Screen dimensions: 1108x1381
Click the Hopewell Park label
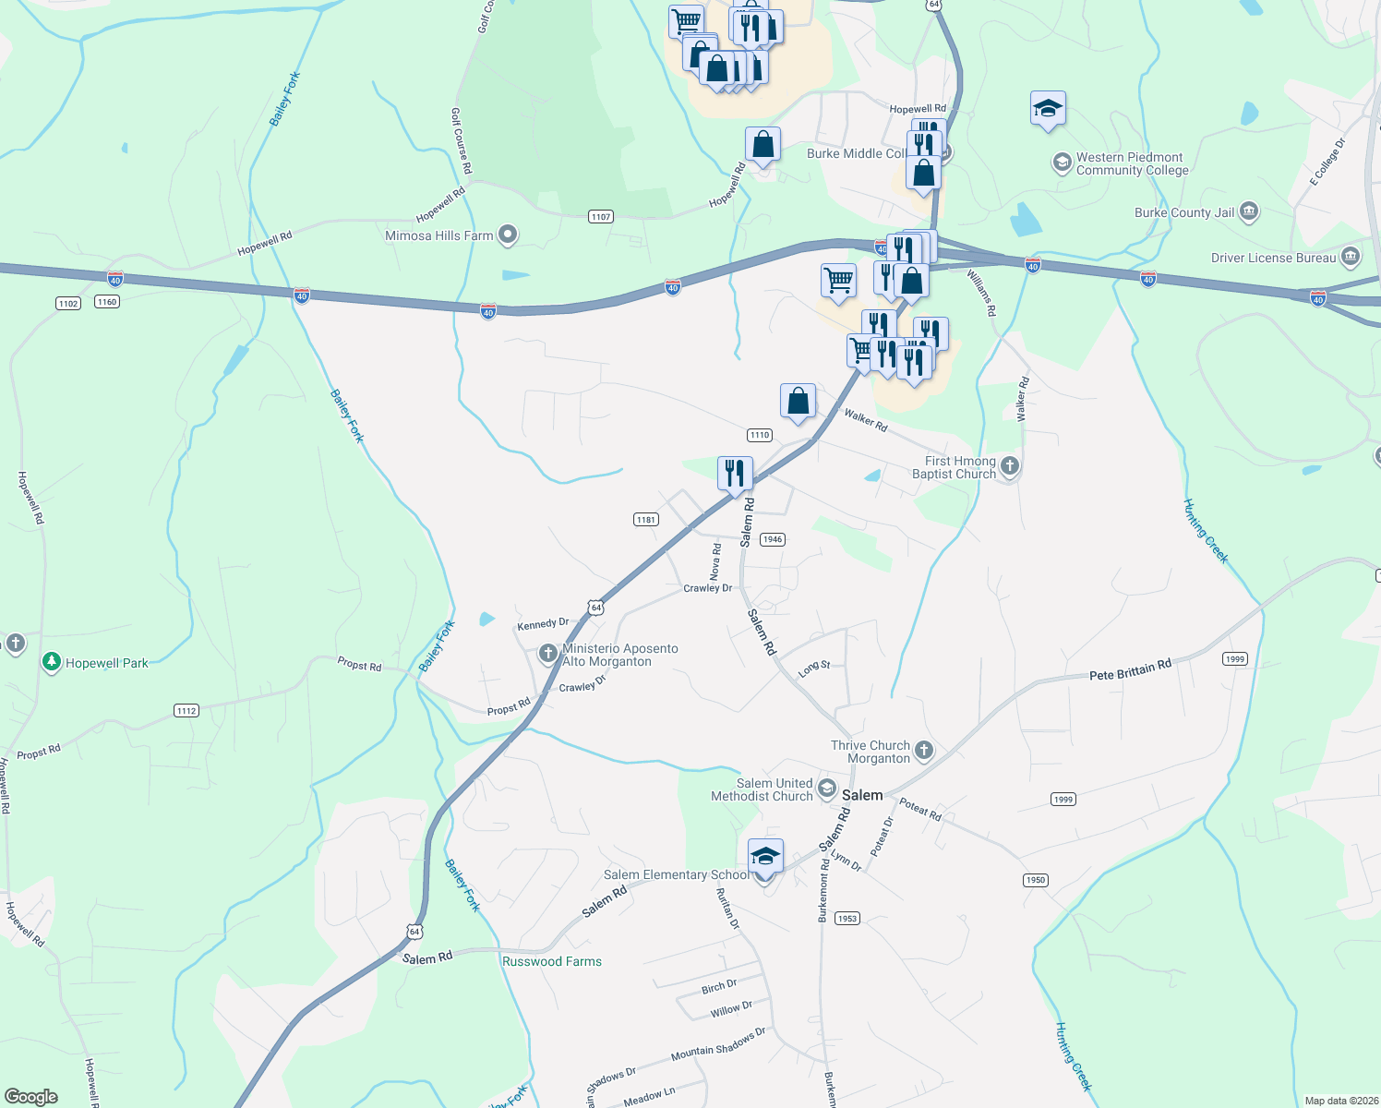pos(106,663)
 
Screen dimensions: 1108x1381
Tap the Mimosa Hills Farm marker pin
pos(507,235)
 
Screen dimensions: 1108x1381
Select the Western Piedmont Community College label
pos(1132,164)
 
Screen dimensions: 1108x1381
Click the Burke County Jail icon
pos(1248,212)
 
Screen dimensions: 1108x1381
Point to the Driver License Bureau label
pos(1273,258)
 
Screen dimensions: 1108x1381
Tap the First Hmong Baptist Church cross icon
pos(1010,466)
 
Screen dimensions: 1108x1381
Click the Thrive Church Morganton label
pos(871,752)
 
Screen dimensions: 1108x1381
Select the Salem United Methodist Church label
pos(763,789)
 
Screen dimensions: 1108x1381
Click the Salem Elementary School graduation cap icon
pos(765,857)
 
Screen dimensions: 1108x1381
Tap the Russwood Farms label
pos(552,961)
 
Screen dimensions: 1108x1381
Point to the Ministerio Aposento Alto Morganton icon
pos(548,654)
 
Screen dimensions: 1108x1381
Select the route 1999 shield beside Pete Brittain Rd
pos(1234,658)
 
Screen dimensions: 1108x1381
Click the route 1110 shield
pos(760,435)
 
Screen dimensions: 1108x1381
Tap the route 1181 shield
pos(646,520)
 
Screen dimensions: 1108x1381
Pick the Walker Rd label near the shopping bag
pos(866,421)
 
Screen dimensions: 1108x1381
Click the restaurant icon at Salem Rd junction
pos(735,475)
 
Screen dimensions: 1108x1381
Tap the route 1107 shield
pos(601,217)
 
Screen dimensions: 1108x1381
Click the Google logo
pos(31,1097)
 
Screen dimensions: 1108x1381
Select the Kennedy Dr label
pos(543,624)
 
